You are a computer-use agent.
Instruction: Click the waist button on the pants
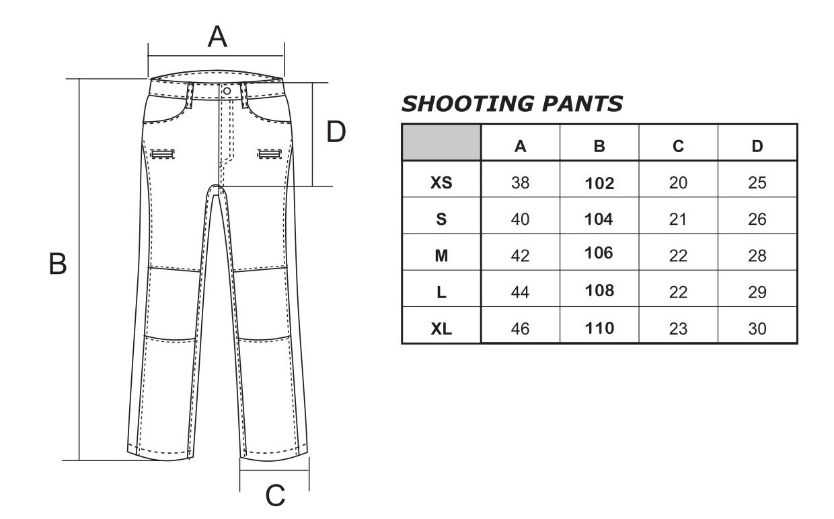tap(227, 91)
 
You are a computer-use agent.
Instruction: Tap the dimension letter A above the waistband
tap(217, 36)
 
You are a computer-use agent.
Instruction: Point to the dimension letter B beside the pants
tap(58, 264)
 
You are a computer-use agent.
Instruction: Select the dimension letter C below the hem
tap(275, 495)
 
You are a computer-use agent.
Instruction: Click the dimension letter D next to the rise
tap(336, 131)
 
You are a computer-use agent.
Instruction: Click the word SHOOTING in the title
tap(468, 104)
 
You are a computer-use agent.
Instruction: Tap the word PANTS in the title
tap(582, 104)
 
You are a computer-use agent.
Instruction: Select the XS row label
tap(441, 182)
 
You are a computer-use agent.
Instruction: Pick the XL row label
tap(441, 328)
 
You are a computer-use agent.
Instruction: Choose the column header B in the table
tap(599, 146)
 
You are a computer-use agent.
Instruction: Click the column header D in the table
tap(757, 146)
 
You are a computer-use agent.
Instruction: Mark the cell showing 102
tap(599, 183)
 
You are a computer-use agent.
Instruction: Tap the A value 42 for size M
tap(520, 256)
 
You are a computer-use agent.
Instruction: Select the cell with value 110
tap(599, 328)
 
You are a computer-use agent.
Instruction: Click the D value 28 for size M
tap(757, 256)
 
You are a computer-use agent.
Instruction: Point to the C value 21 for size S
tap(678, 219)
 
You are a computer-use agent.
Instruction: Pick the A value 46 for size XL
tap(520, 328)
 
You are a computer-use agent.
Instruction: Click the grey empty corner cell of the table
tap(442, 142)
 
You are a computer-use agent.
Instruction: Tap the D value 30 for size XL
tap(757, 328)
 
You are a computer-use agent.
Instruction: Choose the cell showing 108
tap(599, 290)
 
